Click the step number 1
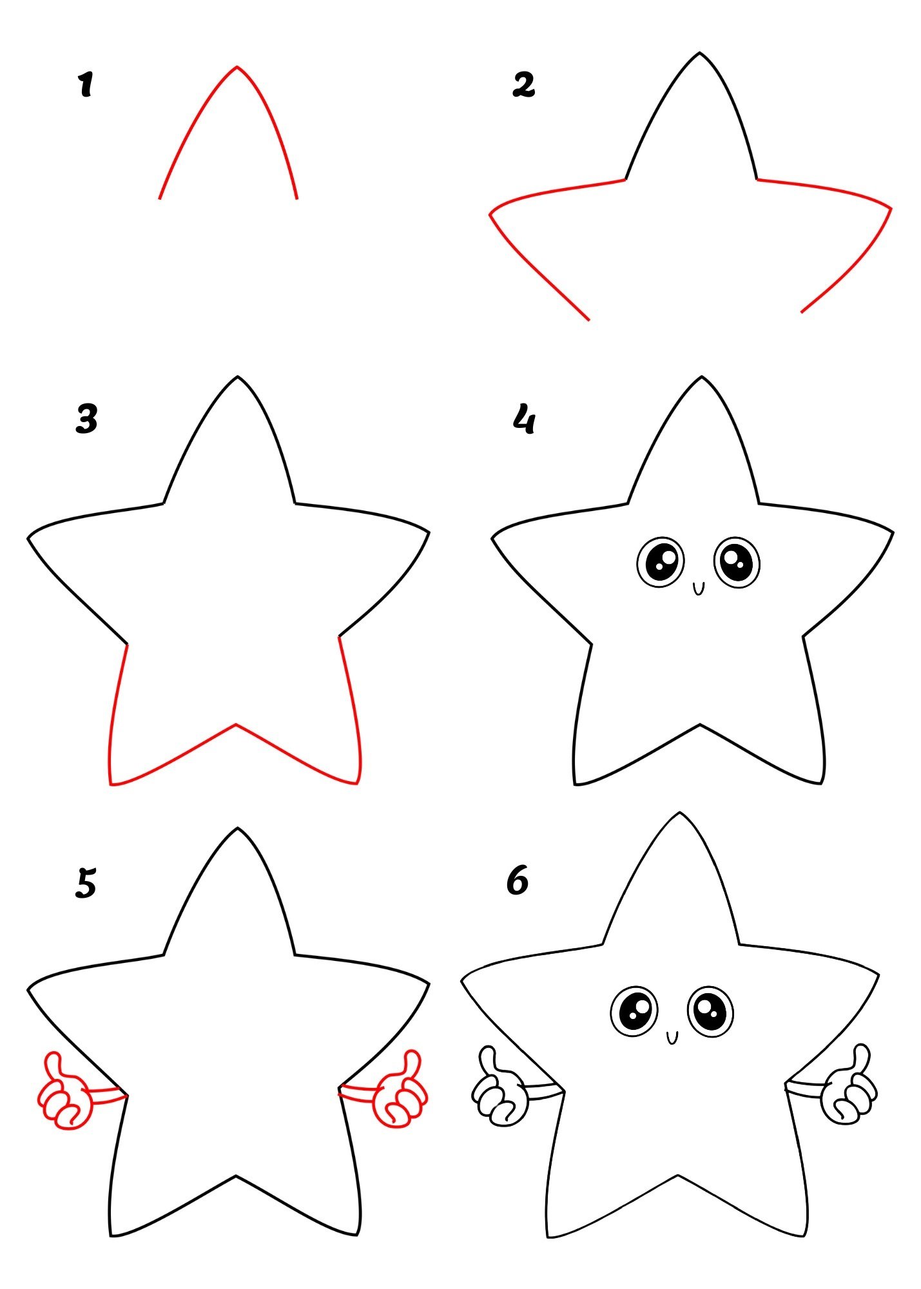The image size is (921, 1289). [85, 85]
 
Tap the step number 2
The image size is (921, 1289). [523, 84]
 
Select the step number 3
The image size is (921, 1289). [86, 419]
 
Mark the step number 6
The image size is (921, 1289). [518, 880]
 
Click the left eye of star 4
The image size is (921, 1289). [661, 561]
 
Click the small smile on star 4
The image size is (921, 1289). [699, 588]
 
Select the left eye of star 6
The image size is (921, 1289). [634, 1011]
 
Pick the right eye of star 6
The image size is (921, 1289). [711, 1011]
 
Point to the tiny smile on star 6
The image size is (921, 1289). [672, 1037]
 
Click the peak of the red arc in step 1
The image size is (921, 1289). [237, 66]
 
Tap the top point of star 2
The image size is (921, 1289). [699, 53]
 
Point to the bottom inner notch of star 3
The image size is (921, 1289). [235, 724]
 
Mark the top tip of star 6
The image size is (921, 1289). [679, 813]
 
